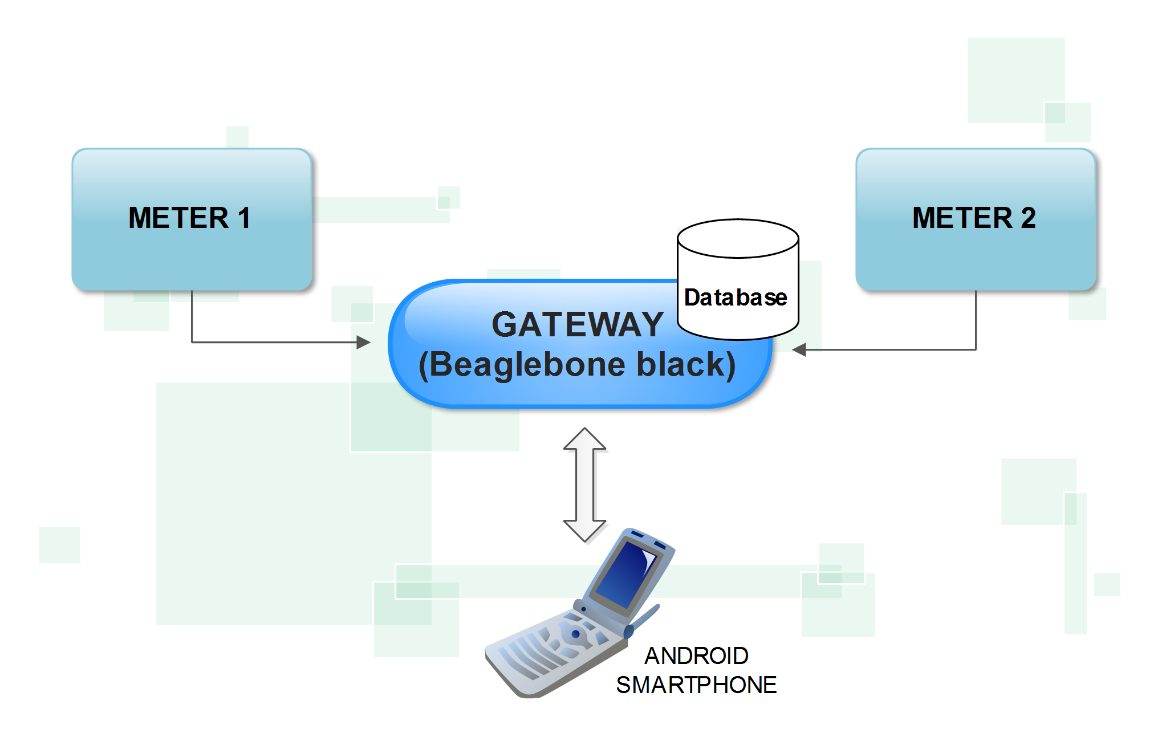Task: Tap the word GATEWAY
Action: (x=577, y=325)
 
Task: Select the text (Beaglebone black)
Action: (x=577, y=365)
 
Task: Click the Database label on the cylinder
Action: (x=736, y=298)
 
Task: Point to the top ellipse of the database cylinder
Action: (x=738, y=238)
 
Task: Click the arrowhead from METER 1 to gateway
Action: (x=364, y=342)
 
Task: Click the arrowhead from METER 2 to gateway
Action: (x=799, y=349)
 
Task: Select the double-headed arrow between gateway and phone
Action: (x=585, y=484)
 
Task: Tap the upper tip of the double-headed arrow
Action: (x=585, y=431)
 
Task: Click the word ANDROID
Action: (x=696, y=656)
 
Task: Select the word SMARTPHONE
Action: (x=696, y=685)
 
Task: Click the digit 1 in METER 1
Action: (x=244, y=218)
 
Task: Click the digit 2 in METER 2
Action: (x=1028, y=218)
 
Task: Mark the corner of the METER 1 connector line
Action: (x=192, y=342)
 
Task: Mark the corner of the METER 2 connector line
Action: (x=976, y=349)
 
